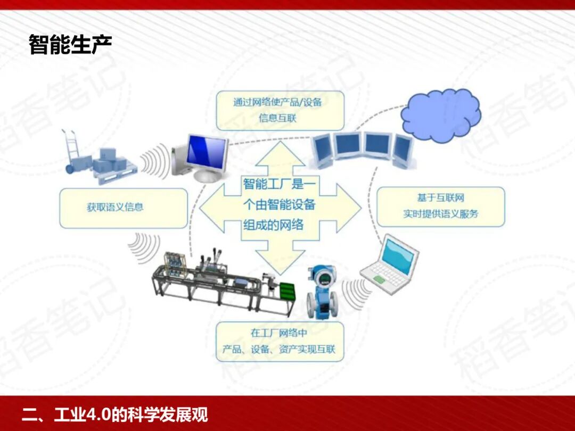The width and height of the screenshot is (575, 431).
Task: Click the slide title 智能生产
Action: pyautogui.click(x=70, y=45)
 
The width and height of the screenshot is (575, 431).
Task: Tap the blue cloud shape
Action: pyautogui.click(x=440, y=116)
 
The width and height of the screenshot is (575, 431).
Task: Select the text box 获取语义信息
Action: pyautogui.click(x=124, y=208)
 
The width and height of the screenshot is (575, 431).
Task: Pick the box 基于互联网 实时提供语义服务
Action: pyautogui.click(x=440, y=206)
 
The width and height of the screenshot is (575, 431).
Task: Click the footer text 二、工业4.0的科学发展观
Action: pyautogui.click(x=114, y=414)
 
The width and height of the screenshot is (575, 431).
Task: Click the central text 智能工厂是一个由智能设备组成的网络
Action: pyautogui.click(x=280, y=205)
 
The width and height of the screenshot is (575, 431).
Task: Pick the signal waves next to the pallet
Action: pyautogui.click(x=154, y=160)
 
